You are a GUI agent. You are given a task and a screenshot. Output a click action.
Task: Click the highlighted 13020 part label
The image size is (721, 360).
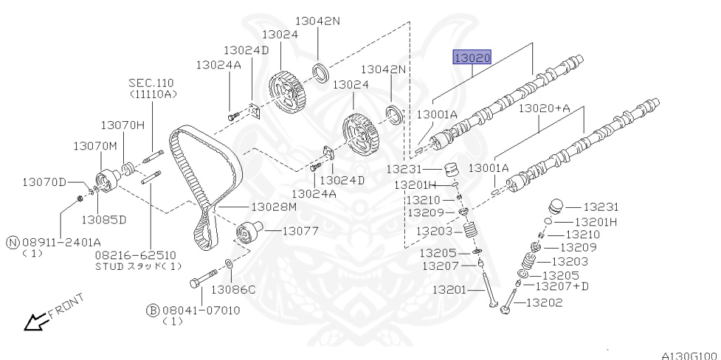tap(472, 58)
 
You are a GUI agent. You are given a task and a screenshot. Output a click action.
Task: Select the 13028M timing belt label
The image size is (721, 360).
tap(274, 207)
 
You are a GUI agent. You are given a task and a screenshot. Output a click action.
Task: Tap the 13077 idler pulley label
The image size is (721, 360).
tap(300, 230)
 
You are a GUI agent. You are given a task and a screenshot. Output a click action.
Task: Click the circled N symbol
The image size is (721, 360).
tap(13, 242)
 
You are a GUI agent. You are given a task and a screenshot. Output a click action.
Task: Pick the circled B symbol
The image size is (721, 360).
tap(153, 310)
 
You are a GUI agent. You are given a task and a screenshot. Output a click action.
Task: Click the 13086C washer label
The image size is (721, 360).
tap(233, 290)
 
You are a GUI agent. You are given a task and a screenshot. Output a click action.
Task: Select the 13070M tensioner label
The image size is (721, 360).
tap(95, 146)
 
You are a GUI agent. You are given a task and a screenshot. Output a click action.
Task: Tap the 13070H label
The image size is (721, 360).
tap(123, 125)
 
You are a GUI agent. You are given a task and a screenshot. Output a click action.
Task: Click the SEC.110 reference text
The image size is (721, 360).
tap(151, 83)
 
